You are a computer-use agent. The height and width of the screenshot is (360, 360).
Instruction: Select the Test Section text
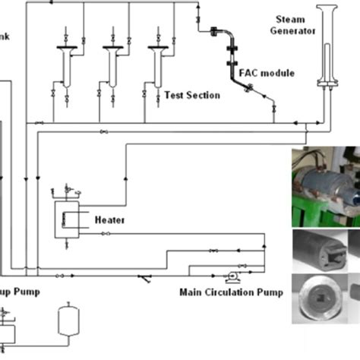click(192, 96)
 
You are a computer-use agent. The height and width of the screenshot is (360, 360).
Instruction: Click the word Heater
click(109, 220)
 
